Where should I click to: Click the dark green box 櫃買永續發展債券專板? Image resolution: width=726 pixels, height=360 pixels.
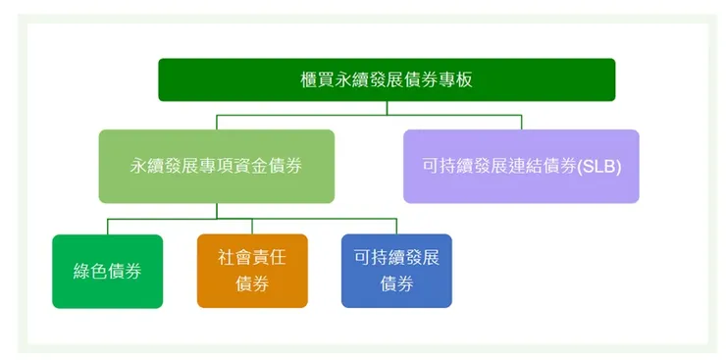point(387,79)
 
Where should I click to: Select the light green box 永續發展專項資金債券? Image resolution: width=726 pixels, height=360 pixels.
point(216,166)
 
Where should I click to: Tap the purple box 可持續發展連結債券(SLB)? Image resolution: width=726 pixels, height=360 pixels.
point(521,166)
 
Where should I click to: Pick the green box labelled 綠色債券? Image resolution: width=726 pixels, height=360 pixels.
point(107,271)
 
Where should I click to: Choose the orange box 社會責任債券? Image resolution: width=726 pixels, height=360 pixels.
point(252,271)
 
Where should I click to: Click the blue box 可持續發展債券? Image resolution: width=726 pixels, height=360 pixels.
point(396,271)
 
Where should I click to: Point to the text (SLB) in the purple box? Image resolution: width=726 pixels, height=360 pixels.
point(598,166)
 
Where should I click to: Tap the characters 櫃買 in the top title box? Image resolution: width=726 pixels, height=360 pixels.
point(317,79)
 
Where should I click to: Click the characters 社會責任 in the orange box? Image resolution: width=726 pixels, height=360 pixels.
point(252,259)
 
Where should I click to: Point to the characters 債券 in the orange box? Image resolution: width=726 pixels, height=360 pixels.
point(252,284)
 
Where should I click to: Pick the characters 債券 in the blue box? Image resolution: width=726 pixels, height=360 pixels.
point(396,284)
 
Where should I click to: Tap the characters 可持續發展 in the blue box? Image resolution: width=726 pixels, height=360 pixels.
point(396,259)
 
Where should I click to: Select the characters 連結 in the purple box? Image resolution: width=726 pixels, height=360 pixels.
point(527,166)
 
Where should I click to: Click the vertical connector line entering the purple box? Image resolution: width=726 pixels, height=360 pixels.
point(521,122)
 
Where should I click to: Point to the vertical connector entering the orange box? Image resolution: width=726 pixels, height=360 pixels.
point(252,226)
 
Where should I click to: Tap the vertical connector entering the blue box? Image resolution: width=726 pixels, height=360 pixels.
point(396,226)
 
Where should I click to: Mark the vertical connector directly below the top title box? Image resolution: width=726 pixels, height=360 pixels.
point(387,108)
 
